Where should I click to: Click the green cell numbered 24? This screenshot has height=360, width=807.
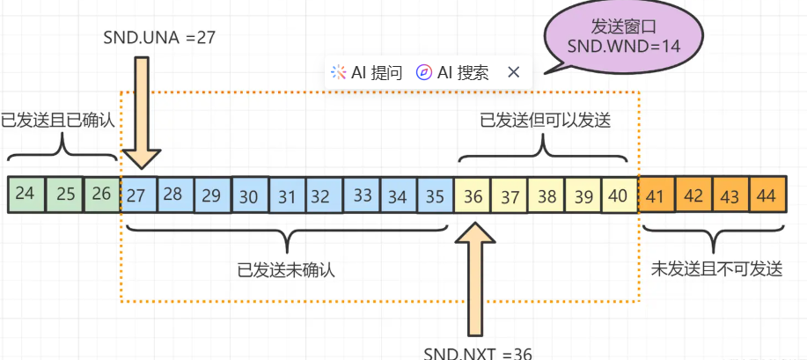(x=26, y=195)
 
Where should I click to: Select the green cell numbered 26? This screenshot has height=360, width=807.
(x=101, y=195)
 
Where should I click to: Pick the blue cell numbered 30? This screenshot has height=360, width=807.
(x=250, y=195)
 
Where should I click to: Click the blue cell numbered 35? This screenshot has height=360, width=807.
(x=435, y=195)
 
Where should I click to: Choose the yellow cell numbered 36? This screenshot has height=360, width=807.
(x=473, y=195)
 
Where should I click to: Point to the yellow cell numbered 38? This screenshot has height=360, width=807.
(x=547, y=195)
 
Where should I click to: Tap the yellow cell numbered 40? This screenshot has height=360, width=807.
(x=619, y=195)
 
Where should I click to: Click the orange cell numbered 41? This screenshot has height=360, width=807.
(x=655, y=195)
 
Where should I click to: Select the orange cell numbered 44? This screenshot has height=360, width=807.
(x=767, y=195)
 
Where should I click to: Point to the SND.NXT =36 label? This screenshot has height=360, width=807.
(x=478, y=352)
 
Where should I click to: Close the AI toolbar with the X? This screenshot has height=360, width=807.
(x=514, y=72)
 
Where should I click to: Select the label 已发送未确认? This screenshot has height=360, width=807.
(x=286, y=270)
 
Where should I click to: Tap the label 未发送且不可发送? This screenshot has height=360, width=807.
(x=716, y=269)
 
